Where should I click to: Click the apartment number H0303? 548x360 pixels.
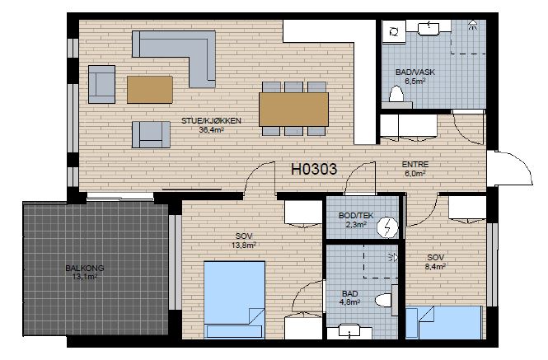click(x=314, y=169)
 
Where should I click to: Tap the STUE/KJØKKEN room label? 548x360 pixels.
click(x=211, y=121)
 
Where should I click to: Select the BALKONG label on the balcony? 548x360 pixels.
click(x=85, y=269)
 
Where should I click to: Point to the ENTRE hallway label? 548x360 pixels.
click(x=415, y=164)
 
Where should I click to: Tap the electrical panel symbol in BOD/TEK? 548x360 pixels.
click(x=387, y=227)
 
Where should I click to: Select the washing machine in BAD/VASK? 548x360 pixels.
click(x=394, y=32)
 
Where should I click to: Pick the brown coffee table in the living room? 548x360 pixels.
click(x=150, y=90)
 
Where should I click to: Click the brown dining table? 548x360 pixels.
click(x=293, y=109)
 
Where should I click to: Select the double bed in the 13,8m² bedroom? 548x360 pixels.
click(x=234, y=300)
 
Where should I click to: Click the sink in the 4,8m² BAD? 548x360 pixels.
click(x=350, y=332)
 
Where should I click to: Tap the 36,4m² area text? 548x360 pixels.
click(x=212, y=130)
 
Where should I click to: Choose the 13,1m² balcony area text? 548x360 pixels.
click(x=85, y=277)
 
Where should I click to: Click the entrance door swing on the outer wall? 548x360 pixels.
click(x=513, y=167)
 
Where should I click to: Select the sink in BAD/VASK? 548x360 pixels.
click(x=429, y=28)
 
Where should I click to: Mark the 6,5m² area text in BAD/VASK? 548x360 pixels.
click(x=415, y=82)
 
